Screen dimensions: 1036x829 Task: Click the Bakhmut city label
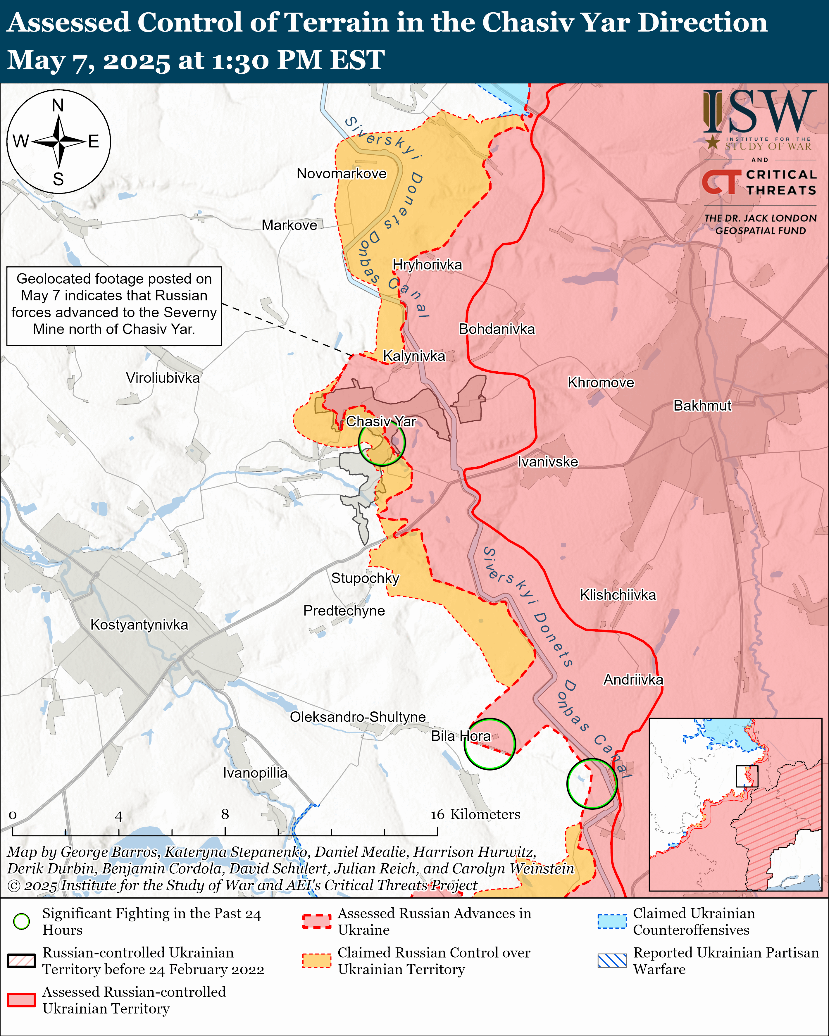pyautogui.click(x=702, y=406)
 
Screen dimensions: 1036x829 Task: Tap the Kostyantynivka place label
pyautogui.click(x=139, y=625)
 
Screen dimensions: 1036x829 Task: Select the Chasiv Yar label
pyautogui.click(x=381, y=421)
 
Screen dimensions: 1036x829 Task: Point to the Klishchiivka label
pyautogui.click(x=618, y=595)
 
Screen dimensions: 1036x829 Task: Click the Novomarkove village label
pyautogui.click(x=341, y=173)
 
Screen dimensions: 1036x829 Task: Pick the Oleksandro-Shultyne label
pyautogui.click(x=358, y=717)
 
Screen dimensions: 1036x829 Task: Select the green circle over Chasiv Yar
pyautogui.click(x=382, y=442)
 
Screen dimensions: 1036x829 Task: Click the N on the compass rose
pyautogui.click(x=58, y=105)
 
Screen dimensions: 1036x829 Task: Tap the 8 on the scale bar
pyautogui.click(x=225, y=814)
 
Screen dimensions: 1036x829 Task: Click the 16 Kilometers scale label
pyautogui.click(x=475, y=814)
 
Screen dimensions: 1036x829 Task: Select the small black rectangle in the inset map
pyautogui.click(x=747, y=776)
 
